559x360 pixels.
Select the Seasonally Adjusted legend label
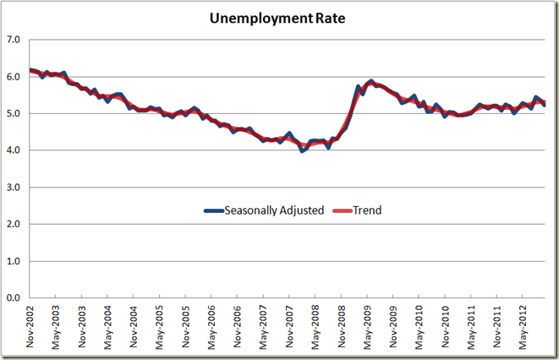point(275,210)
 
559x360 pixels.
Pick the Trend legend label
point(365,210)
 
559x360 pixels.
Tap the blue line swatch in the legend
point(214,210)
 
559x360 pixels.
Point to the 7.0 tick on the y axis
point(14,40)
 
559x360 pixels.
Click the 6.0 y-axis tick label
point(14,76)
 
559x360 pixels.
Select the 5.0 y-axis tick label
point(14,113)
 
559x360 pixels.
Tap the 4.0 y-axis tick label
point(14,150)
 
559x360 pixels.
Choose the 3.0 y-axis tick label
point(14,187)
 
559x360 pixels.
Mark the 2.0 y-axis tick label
point(14,224)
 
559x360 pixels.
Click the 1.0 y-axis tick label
point(14,261)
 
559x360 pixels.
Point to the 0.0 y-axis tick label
point(14,298)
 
